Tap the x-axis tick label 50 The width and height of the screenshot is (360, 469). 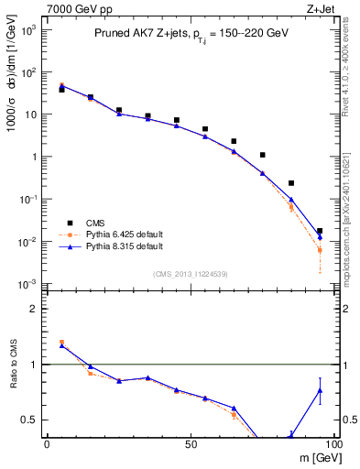tap(190, 444)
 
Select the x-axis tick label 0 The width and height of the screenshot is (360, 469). tap(47, 444)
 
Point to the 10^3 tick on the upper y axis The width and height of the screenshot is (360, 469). tap(28, 30)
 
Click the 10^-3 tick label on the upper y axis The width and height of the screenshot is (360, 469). tap(28, 284)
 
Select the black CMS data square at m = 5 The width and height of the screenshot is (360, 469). tap(61, 90)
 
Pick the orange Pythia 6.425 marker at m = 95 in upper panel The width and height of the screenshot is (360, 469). tap(320, 250)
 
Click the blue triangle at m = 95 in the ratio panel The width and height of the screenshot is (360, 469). tap(320, 390)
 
